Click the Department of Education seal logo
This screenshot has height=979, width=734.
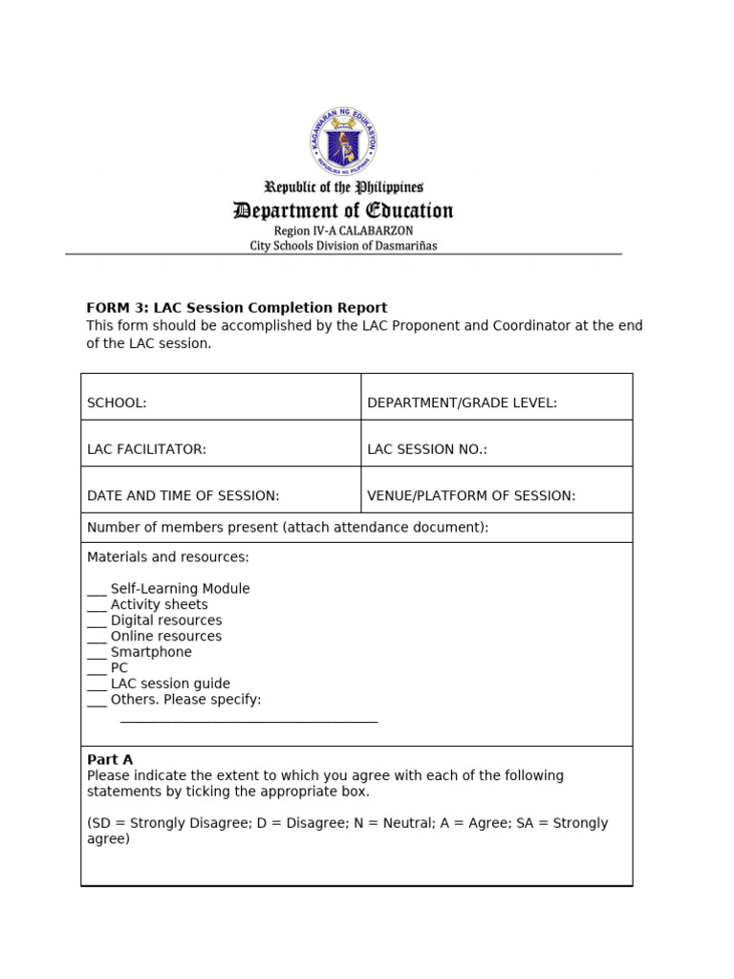click(x=343, y=141)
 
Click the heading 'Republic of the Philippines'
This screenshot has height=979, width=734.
click(x=343, y=187)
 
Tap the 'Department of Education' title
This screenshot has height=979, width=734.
click(x=343, y=211)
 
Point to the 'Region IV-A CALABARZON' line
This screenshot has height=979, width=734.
click(x=343, y=231)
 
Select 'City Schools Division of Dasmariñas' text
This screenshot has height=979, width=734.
click(x=343, y=246)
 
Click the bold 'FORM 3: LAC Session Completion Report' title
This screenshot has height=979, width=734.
click(x=237, y=308)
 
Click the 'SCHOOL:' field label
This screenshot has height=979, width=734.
click(x=117, y=403)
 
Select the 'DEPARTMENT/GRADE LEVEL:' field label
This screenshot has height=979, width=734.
click(x=462, y=403)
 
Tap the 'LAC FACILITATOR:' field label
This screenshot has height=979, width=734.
click(x=146, y=449)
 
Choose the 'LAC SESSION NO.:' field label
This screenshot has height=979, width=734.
click(x=427, y=449)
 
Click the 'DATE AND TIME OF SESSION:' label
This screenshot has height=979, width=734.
click(x=183, y=496)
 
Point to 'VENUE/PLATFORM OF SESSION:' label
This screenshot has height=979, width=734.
click(x=471, y=496)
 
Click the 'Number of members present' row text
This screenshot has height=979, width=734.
click(x=287, y=528)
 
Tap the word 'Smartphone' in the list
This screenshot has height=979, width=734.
click(x=151, y=652)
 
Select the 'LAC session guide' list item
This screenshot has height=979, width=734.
click(x=170, y=684)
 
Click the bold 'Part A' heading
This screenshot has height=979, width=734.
click(x=110, y=760)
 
